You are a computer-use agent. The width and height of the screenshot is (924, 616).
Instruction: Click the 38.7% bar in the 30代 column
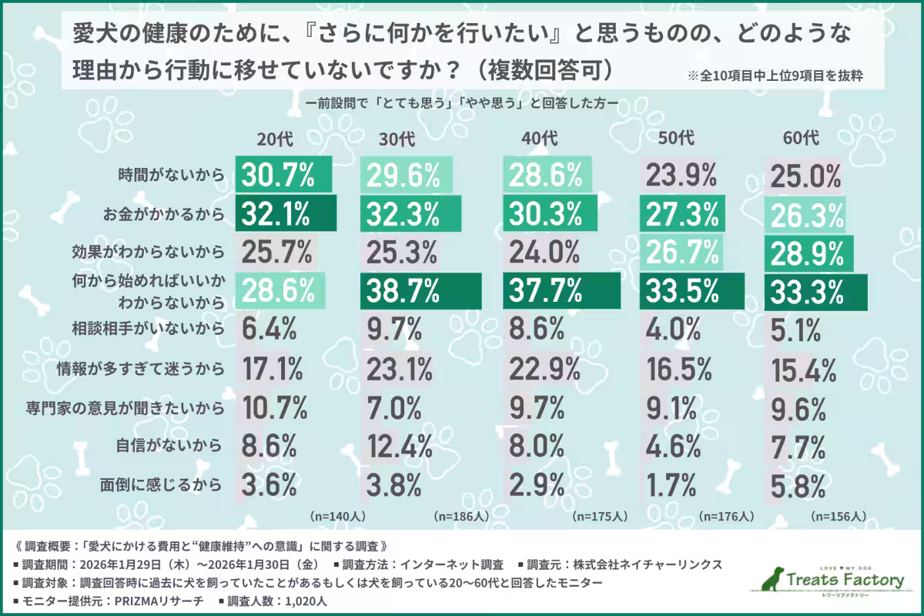coord(420,291)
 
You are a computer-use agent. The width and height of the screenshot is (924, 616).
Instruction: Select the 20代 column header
coord(275,139)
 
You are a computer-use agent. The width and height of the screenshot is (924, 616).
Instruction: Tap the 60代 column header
coord(801,139)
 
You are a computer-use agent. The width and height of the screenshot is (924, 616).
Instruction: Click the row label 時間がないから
coord(170,176)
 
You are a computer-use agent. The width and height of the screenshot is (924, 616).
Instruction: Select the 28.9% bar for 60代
coord(808,253)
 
